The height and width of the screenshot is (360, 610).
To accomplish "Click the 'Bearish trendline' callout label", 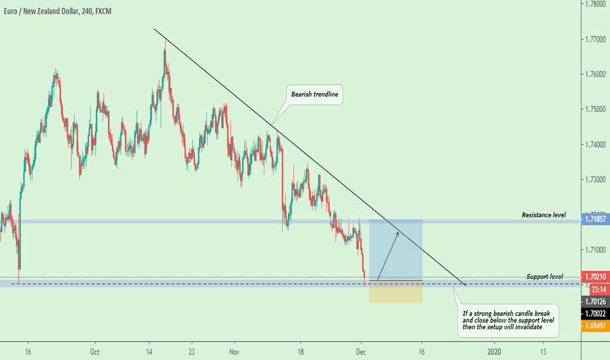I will pyautogui.click(x=315, y=96).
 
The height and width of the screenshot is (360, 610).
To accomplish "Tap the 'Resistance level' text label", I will pyautogui.click(x=543, y=215).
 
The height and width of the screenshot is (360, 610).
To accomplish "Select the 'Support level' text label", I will pyautogui.click(x=545, y=277).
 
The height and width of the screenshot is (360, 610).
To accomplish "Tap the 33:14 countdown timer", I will pyautogui.click(x=596, y=289).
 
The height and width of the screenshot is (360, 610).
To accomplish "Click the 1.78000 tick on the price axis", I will pyautogui.click(x=594, y=4).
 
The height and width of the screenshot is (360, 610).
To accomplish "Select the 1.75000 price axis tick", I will pyautogui.click(x=594, y=109).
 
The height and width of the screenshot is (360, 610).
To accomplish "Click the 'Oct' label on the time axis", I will pyautogui.click(x=95, y=350).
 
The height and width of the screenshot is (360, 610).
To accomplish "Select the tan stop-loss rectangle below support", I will pyautogui.click(x=396, y=293).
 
